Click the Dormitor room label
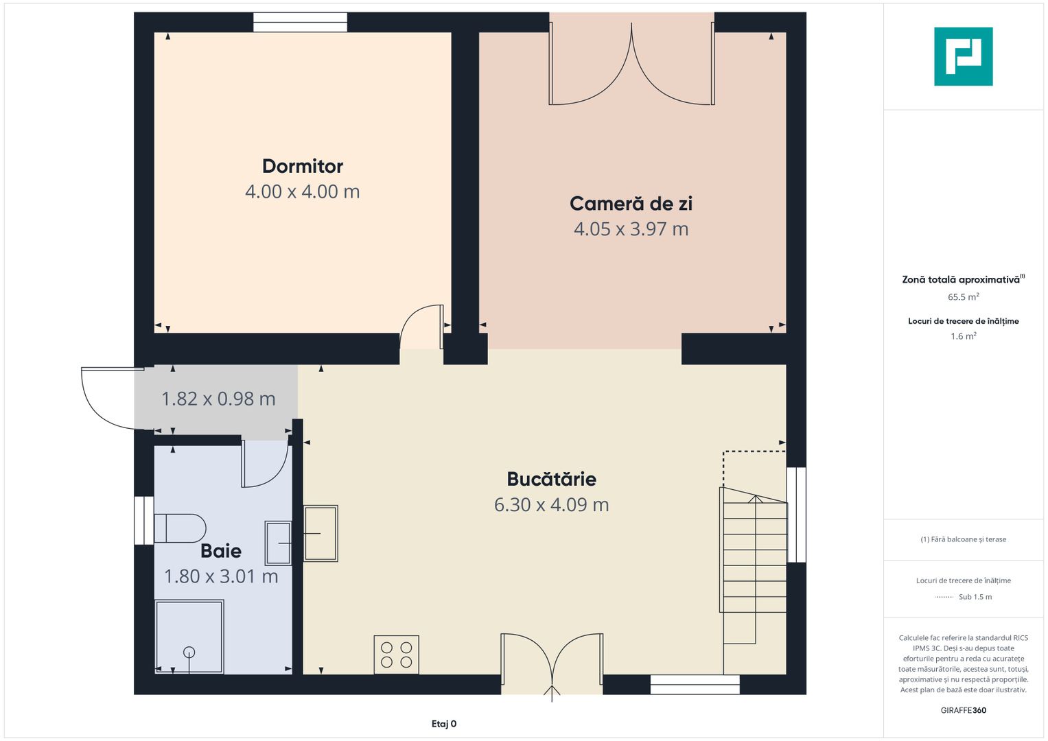(x=302, y=166)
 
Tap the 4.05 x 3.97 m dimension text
(x=631, y=228)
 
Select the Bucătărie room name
(x=552, y=479)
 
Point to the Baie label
(x=221, y=551)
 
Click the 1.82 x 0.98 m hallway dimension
(x=218, y=399)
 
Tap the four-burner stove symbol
(x=396, y=655)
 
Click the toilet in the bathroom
(x=180, y=528)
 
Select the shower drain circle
(x=189, y=652)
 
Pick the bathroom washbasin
(x=279, y=543)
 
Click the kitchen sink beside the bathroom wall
(x=321, y=533)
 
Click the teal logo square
(x=964, y=56)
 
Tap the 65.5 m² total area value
(x=964, y=296)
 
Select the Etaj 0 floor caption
(x=443, y=724)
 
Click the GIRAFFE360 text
(x=964, y=710)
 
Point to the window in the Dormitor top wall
(x=301, y=22)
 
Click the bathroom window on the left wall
(x=144, y=520)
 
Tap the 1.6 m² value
(x=964, y=336)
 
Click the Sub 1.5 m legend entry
(x=964, y=596)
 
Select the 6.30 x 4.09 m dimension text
(x=552, y=505)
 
